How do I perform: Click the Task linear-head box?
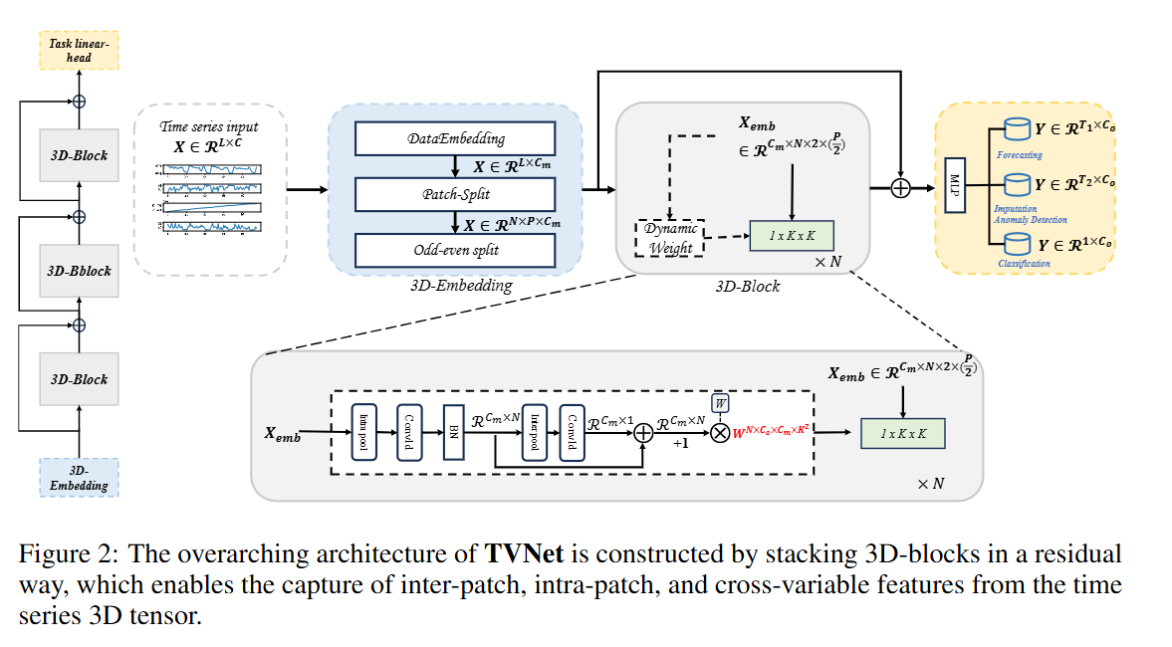pos(79,49)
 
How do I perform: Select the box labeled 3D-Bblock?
pos(79,271)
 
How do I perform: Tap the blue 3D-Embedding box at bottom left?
pos(79,477)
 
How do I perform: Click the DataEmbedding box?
pos(455,138)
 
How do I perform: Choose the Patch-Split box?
pos(455,194)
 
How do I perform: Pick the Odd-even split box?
pos(455,250)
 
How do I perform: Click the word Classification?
pos(1026,264)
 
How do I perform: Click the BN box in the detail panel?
pos(454,432)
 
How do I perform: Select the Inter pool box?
pos(534,433)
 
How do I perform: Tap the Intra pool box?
pos(363,433)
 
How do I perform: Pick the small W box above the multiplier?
pos(720,402)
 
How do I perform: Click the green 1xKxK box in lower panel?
pos(902,433)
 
